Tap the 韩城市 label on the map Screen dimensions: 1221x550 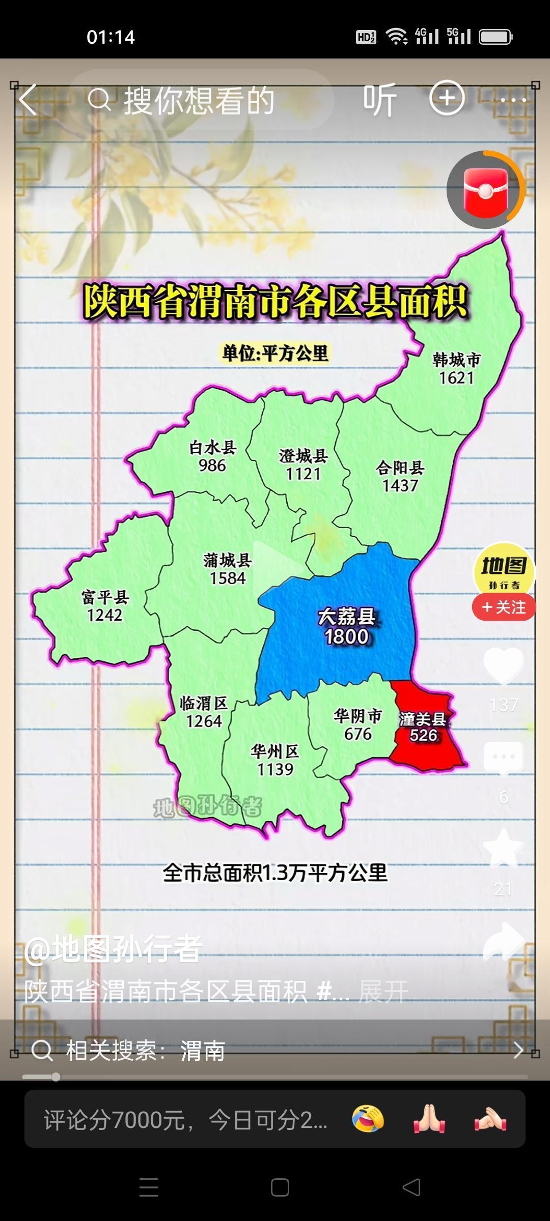pos(456,360)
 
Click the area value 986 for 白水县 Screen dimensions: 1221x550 pos(212,466)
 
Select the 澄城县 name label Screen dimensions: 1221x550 pos(303,455)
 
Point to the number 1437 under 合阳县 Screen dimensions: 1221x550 pos(400,485)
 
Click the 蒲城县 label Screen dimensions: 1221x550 pos(227,560)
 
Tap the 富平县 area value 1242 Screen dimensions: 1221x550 pos(104,615)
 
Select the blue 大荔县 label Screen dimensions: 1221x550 pos(346,617)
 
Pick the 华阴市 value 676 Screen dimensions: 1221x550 pos(358,734)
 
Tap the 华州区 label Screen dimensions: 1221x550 pos(275,751)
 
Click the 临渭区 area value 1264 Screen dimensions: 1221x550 pos(204,721)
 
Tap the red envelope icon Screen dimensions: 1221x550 pos(485,190)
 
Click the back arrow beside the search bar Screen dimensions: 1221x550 pos(28,100)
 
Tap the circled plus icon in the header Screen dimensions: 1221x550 pos(447,98)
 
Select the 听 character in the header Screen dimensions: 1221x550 pos(379,100)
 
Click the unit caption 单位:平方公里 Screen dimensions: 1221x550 pos(275,353)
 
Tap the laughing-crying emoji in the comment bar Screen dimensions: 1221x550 pos(368,1118)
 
